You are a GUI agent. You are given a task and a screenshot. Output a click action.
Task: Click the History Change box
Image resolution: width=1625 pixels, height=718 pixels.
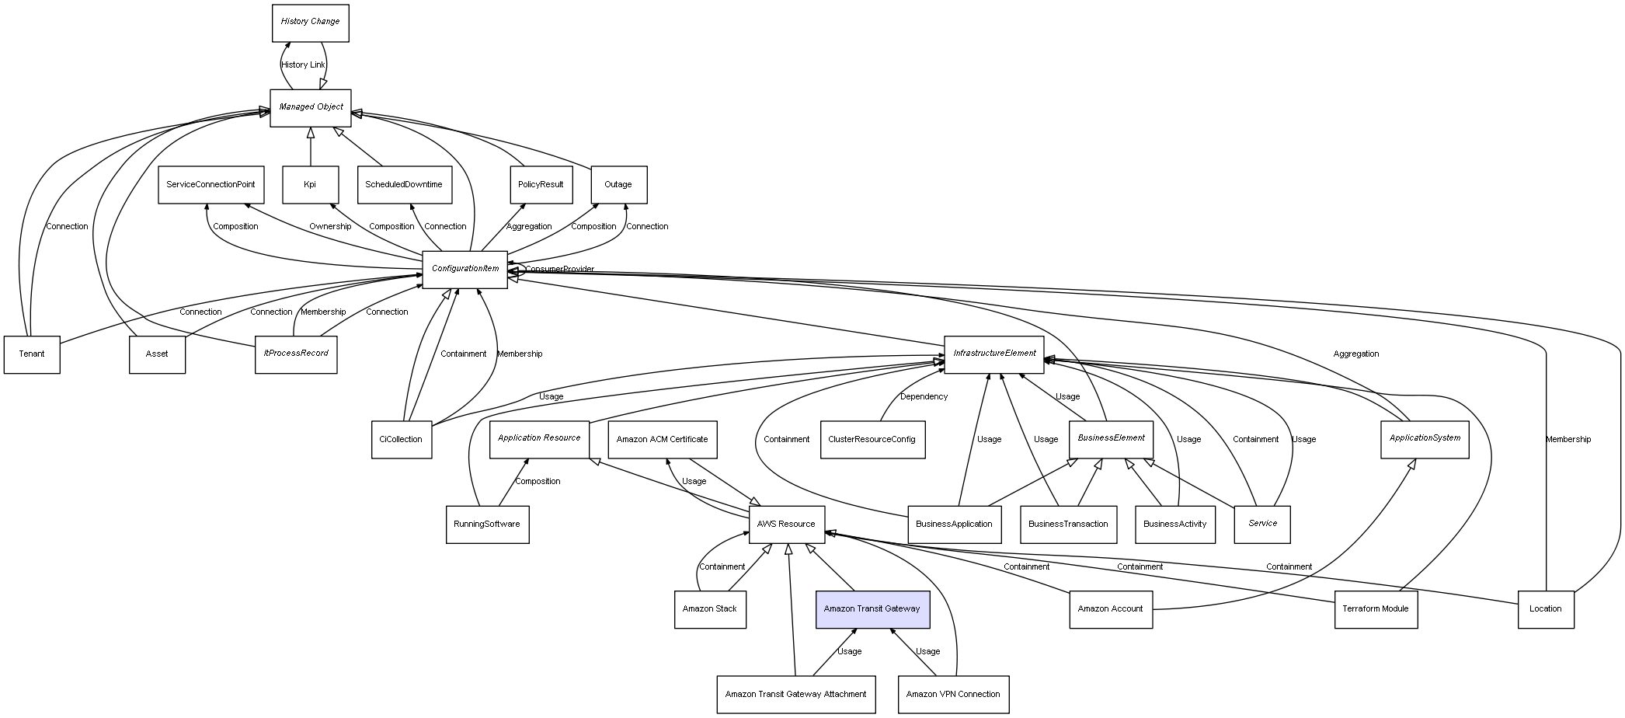tap(310, 23)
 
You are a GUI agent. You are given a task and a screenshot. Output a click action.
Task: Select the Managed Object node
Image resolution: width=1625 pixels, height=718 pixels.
tap(311, 107)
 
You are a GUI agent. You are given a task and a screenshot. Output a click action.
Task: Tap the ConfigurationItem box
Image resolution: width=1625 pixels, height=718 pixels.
tap(465, 269)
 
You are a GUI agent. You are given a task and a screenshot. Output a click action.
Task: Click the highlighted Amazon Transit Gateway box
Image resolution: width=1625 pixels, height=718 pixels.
tap(872, 609)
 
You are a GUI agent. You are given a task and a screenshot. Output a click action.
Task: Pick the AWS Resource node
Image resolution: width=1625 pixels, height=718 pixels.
tap(786, 525)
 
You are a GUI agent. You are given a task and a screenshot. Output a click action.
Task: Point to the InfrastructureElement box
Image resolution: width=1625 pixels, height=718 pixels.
tap(993, 354)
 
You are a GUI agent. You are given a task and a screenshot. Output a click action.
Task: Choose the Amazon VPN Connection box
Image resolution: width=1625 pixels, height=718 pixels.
tap(952, 695)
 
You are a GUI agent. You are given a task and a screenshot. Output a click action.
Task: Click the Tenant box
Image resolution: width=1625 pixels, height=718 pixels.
tap(32, 354)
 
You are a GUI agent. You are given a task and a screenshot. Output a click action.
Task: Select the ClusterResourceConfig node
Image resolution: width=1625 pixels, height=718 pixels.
tap(872, 440)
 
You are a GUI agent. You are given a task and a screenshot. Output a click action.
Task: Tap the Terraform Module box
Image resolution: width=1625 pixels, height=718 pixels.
tap(1375, 609)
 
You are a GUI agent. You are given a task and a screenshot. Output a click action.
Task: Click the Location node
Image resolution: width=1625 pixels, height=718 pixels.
tap(1545, 609)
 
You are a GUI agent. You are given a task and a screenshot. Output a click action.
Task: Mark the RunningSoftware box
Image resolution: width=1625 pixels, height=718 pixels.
tap(487, 525)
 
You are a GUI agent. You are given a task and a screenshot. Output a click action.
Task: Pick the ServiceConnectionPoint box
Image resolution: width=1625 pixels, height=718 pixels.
tap(211, 185)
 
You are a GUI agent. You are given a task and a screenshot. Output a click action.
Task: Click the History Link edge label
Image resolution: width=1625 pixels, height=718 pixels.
tap(303, 65)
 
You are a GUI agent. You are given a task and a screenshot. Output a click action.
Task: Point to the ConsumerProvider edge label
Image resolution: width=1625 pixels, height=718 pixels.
tap(559, 270)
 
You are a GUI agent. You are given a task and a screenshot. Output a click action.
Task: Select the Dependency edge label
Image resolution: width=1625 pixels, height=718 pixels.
tap(924, 397)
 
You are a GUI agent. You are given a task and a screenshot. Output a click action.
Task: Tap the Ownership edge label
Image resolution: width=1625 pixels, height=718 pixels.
tap(330, 227)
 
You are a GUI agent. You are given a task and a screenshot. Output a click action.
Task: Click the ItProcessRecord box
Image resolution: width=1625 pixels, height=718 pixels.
tap(296, 354)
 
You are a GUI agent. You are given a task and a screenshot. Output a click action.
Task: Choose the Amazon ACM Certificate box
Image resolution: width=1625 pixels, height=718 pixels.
tap(662, 440)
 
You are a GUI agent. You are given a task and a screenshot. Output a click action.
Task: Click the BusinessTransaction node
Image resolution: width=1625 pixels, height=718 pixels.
tap(1068, 525)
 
